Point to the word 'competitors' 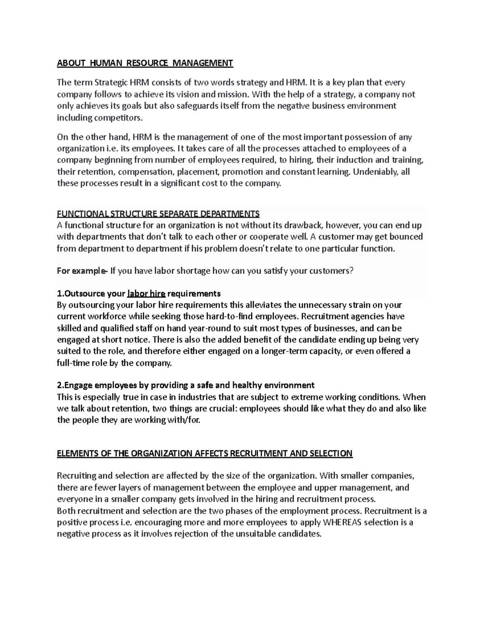(118, 118)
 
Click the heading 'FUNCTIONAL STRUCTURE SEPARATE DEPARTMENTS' (158, 213)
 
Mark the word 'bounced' (407, 237)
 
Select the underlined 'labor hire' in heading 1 (146, 293)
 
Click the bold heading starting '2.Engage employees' (186, 385)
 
